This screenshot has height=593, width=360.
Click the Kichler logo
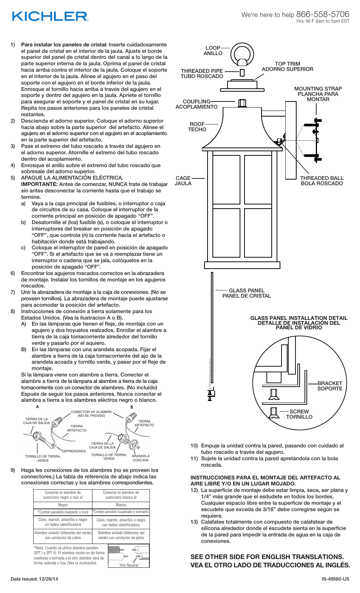pos(50,17)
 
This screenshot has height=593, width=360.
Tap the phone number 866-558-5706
pos(323,14)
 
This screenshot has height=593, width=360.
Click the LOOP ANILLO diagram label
pos(213,51)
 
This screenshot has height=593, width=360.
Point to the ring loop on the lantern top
pos(242,54)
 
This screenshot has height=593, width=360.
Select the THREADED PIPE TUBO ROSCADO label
pos(202,74)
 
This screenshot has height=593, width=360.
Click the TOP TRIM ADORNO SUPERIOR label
pos(288,66)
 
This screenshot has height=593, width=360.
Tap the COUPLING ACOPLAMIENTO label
pos(197,104)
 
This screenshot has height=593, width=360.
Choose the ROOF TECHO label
pos(197,127)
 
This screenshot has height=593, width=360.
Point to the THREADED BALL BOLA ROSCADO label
pos(322,181)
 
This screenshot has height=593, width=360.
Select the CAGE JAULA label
pos(183,181)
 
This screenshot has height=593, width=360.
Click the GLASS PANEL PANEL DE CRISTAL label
pos(247,293)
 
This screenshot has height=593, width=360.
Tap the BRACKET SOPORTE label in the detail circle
pos(329,386)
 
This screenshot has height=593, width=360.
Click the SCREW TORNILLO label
pos(299,414)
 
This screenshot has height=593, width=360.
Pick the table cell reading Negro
pos(63,505)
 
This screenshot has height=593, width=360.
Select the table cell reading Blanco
pos(121,505)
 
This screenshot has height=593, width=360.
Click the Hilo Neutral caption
pos(129,565)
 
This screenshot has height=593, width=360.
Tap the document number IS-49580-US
pos(335,579)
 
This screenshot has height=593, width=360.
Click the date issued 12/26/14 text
pos(34,579)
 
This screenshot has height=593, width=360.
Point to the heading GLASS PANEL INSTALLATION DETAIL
pos(299,318)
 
